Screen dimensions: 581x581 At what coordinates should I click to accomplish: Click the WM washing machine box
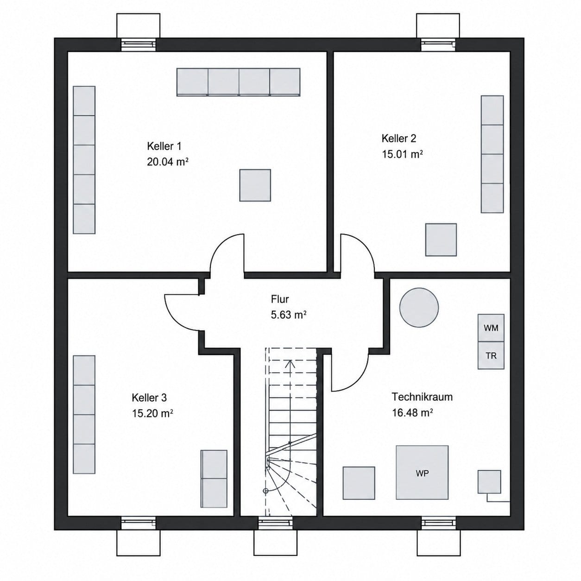(491, 328)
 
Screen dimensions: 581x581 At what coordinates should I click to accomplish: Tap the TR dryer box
(491, 355)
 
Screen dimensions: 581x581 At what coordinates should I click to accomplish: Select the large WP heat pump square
(422, 473)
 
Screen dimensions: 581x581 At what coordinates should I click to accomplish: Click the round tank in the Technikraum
(419, 307)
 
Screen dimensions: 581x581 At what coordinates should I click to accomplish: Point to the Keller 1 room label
(164, 146)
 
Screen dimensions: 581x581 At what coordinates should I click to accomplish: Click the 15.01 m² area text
(402, 154)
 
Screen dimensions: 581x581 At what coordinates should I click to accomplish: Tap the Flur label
(280, 299)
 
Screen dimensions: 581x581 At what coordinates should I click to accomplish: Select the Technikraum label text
(422, 397)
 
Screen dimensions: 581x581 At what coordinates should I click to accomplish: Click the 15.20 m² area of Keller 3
(152, 413)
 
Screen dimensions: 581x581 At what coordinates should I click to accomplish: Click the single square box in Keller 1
(255, 185)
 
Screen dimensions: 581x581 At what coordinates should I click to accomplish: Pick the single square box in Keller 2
(441, 240)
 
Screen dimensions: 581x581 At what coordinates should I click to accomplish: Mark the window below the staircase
(275, 312)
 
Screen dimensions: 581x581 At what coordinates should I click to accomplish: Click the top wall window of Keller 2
(438, 44)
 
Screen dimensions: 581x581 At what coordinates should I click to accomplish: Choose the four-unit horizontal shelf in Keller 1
(238, 82)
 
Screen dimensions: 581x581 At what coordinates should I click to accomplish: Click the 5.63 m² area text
(289, 315)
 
